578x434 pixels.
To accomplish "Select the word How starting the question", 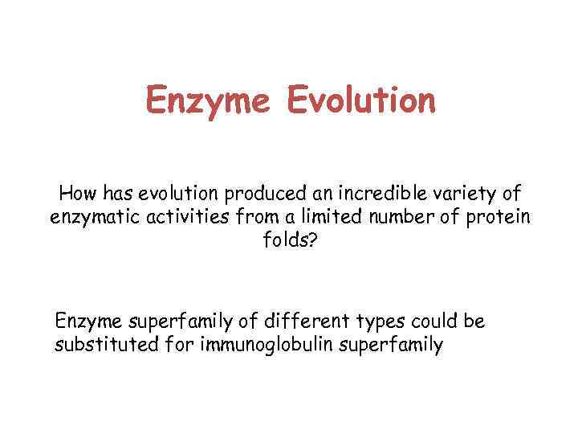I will pos(76,194).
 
